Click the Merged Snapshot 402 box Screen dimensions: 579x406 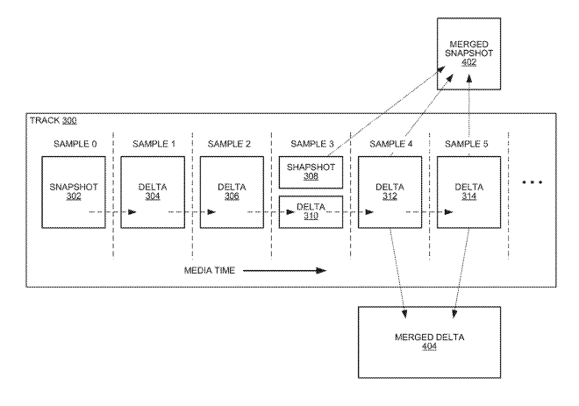[x=469, y=53]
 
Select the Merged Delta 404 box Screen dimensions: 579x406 [x=430, y=342]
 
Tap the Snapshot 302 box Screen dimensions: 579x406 [x=74, y=192]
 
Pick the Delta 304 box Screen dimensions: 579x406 [x=153, y=192]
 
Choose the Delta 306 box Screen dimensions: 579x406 [x=232, y=192]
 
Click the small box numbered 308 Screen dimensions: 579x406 [x=311, y=173]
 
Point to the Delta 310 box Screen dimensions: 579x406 [x=311, y=212]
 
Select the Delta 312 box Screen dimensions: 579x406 [x=390, y=192]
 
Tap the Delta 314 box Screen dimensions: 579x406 [x=469, y=192]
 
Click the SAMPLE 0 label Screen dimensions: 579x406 [x=75, y=144]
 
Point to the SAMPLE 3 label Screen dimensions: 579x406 [x=312, y=144]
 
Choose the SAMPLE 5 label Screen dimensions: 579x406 [x=467, y=144]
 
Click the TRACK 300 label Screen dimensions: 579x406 [x=54, y=121]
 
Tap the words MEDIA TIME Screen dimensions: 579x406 [x=210, y=271]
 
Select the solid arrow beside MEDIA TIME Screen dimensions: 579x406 [x=285, y=271]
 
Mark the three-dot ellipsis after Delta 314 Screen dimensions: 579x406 [x=533, y=182]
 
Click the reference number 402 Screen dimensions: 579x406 [x=469, y=62]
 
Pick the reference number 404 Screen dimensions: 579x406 [x=430, y=346]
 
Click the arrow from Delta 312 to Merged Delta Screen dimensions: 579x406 [x=398, y=273]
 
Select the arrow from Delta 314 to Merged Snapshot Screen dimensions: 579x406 [x=469, y=116]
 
